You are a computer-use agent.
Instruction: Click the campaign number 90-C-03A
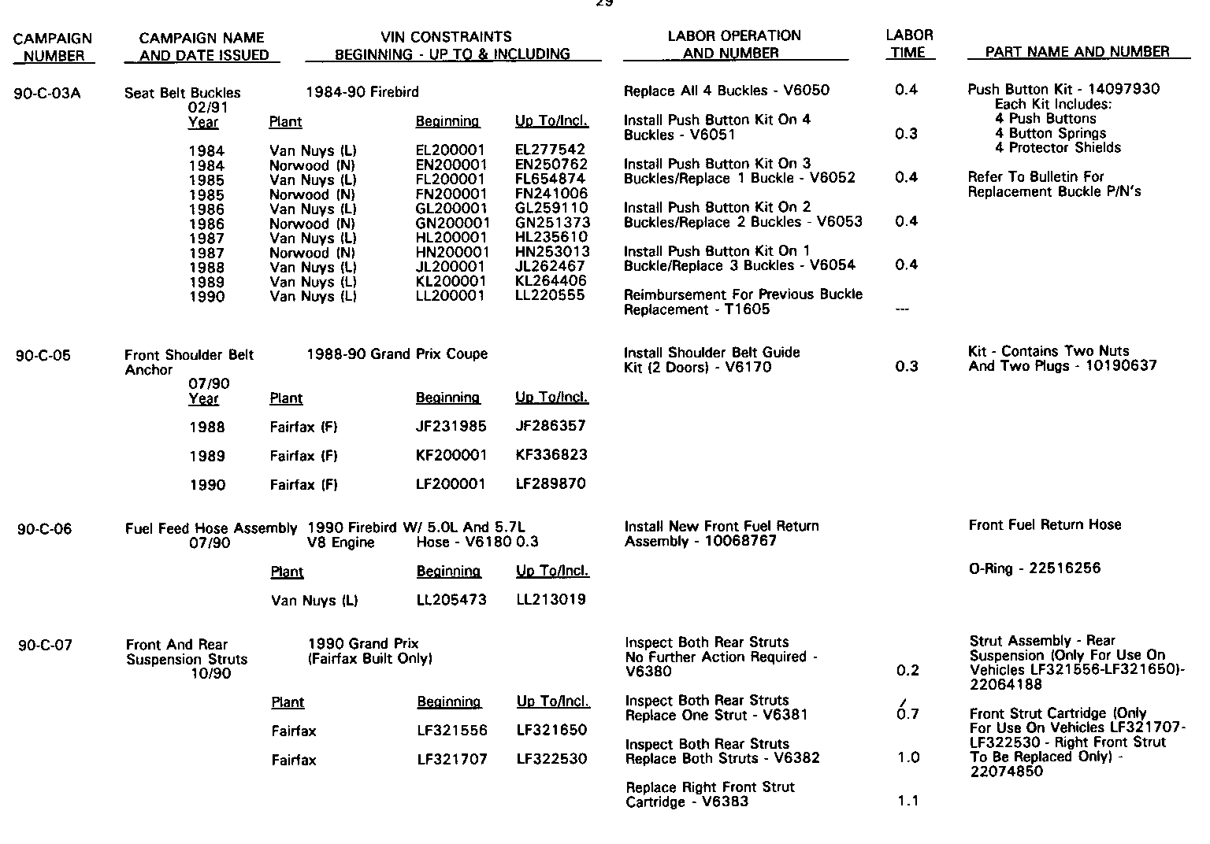pyautogui.click(x=47, y=93)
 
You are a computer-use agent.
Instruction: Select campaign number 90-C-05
pyautogui.click(x=43, y=355)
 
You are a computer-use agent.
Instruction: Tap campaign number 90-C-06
pyautogui.click(x=44, y=529)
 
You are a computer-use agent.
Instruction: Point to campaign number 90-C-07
pyautogui.click(x=45, y=646)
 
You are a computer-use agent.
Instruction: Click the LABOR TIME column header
pyautogui.click(x=909, y=44)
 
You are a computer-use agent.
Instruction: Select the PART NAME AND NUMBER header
pyautogui.click(x=1078, y=52)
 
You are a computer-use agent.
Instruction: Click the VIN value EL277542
pyautogui.click(x=550, y=150)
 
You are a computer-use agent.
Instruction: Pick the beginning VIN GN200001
pyautogui.click(x=452, y=224)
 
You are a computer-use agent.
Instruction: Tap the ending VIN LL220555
pyautogui.click(x=550, y=296)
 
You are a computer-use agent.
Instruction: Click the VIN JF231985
pyautogui.click(x=451, y=427)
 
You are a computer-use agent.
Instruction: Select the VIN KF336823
pyautogui.click(x=551, y=455)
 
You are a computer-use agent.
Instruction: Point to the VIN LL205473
pyautogui.click(x=451, y=600)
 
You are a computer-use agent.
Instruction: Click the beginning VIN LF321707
pyautogui.click(x=452, y=760)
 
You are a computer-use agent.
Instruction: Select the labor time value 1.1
pyautogui.click(x=908, y=801)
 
